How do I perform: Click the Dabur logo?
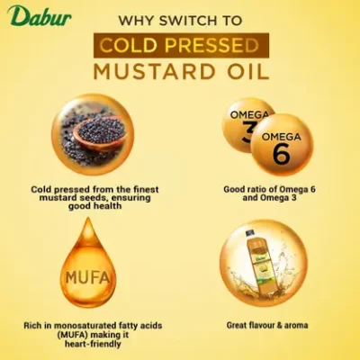point(30,15)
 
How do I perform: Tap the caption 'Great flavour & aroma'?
point(268,323)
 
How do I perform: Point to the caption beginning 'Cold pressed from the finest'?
point(87,189)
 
